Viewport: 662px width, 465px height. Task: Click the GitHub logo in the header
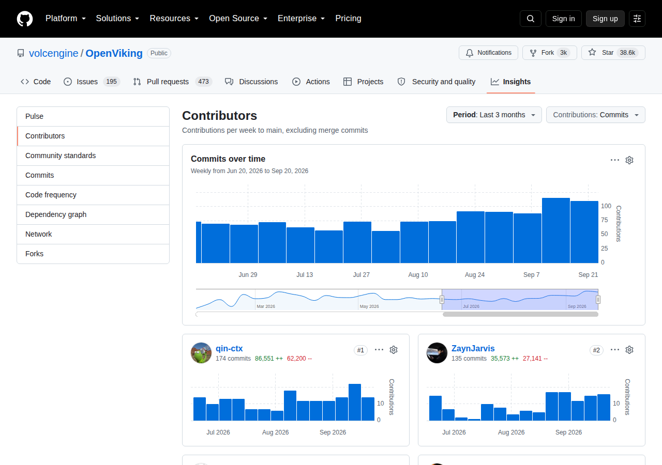coord(25,19)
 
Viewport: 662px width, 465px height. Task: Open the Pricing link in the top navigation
coord(348,18)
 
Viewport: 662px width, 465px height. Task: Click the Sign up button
coord(605,19)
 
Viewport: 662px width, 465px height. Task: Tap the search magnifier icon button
coord(531,19)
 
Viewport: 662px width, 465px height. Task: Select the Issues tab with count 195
coord(92,82)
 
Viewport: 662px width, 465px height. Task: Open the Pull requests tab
coord(172,82)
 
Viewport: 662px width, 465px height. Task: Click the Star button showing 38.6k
coord(613,53)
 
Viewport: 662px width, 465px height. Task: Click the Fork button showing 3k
coord(550,53)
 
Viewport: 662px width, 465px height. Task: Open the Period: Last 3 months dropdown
coord(494,115)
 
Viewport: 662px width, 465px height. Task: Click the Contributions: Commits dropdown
coord(595,115)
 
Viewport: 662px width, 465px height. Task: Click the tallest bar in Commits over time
coord(555,230)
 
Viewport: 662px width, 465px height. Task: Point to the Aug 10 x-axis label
coord(418,274)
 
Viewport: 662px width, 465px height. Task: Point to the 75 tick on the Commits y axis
coord(605,220)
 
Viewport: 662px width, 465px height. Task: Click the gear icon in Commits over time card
coord(629,160)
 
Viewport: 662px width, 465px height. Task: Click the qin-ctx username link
coord(229,348)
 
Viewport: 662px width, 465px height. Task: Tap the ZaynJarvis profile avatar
coord(437,353)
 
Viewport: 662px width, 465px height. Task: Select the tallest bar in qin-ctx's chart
coord(355,402)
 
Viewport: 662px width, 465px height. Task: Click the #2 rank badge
coord(596,350)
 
